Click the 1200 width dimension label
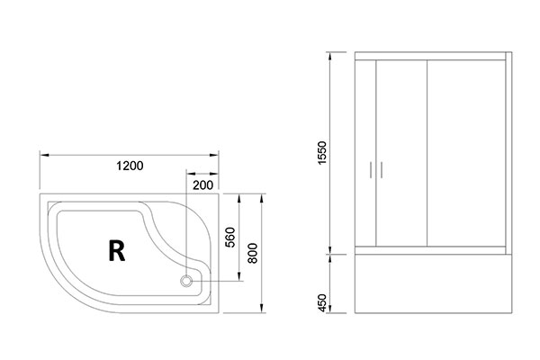tap(130, 166)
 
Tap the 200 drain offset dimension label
tap(202, 185)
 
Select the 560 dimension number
tap(229, 238)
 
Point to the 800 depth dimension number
tap(252, 253)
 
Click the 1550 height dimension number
tap(321, 153)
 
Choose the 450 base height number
tap(321, 303)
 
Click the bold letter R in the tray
tap(117, 251)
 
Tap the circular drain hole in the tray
tap(186, 281)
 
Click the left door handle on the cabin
tap(371, 170)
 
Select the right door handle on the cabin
tap(382, 170)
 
